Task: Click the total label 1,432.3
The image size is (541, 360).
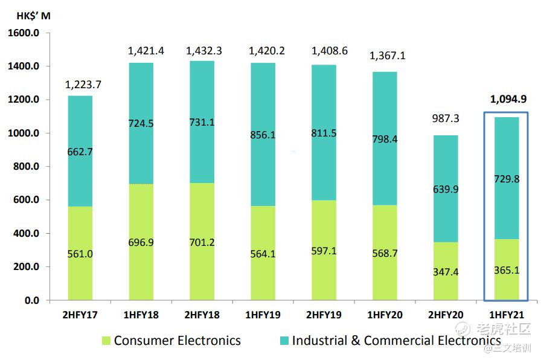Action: point(204,51)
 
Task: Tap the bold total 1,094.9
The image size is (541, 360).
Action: point(508,100)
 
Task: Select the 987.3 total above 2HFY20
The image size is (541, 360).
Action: point(446,119)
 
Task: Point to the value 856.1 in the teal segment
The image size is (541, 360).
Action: point(263,135)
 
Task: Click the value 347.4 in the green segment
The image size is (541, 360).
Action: point(446,272)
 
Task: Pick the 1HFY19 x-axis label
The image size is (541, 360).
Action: point(263,315)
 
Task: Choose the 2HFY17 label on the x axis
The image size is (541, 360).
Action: point(80,315)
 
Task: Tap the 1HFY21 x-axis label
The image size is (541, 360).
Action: point(507,315)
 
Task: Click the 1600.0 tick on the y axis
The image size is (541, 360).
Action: point(24,33)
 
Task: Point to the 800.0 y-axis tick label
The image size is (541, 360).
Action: point(26,166)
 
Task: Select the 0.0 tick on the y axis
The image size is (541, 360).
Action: point(32,300)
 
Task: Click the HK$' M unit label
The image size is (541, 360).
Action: point(33,16)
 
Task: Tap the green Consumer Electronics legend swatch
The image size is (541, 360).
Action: point(106,341)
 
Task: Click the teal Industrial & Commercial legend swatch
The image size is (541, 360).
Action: point(284,341)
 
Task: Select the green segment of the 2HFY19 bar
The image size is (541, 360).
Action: point(324,250)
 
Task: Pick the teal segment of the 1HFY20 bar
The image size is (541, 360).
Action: point(385,139)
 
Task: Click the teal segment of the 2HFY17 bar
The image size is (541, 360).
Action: point(80,151)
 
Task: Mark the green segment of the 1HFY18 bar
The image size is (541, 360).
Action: point(141,242)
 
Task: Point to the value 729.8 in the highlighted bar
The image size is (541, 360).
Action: point(507,179)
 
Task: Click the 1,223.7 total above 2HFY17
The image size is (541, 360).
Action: point(83,85)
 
